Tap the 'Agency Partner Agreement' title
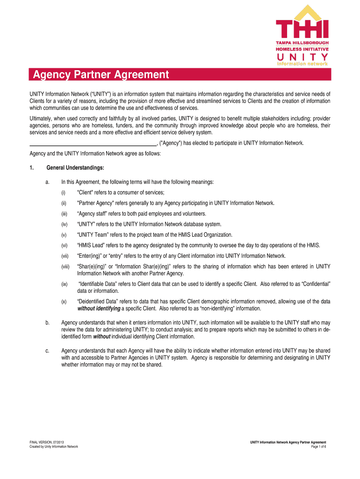click(99, 74)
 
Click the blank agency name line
click(93, 143)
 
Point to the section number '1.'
click(31, 167)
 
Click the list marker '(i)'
click(63, 193)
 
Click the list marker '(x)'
click(64, 302)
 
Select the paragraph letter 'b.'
click(48, 322)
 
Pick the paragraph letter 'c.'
click(48, 351)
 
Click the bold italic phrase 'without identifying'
click(99, 309)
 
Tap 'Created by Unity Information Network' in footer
click(54, 447)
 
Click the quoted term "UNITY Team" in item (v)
click(94, 235)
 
